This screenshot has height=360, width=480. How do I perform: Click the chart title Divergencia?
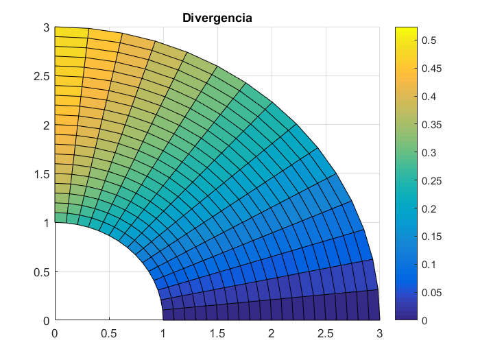(217, 18)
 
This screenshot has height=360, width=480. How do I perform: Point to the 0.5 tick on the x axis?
(109, 333)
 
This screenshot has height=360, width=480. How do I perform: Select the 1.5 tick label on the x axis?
(217, 333)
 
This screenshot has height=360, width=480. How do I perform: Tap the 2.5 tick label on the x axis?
(325, 333)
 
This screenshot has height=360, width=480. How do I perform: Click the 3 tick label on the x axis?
(379, 333)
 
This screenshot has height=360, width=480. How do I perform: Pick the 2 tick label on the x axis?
(272, 333)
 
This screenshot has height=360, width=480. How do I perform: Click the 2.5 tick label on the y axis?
(42, 76)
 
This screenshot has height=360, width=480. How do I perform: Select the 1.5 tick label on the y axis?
(42, 174)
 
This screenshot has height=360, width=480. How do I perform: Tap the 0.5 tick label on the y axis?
(42, 272)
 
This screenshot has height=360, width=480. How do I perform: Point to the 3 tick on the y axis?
(47, 27)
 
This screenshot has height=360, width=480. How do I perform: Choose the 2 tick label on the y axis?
(47, 125)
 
